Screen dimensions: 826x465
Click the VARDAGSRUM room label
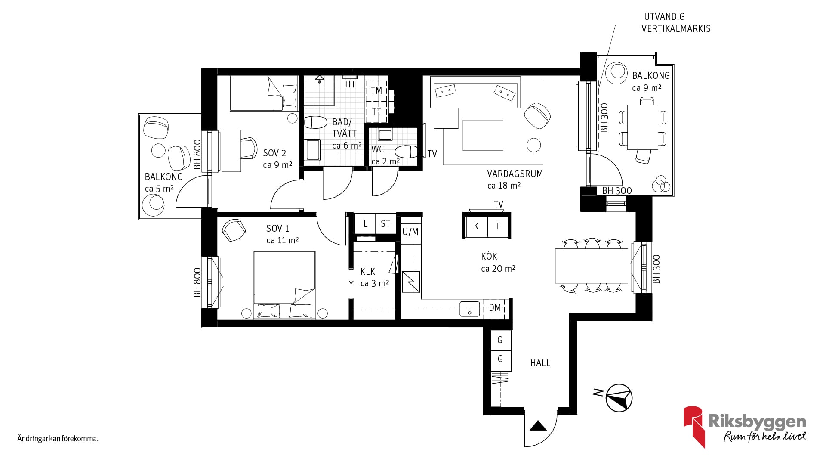click(515, 174)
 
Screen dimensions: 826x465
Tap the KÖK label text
click(489, 257)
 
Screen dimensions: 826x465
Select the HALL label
click(540, 363)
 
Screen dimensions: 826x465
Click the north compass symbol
click(619, 397)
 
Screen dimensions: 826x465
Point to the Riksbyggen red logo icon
click(694, 426)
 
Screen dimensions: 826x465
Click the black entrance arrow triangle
click(538, 426)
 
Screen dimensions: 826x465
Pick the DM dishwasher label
click(495, 308)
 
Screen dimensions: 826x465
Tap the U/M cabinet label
click(410, 232)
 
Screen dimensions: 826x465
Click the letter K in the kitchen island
click(476, 226)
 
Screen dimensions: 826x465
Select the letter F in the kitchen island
click(498, 226)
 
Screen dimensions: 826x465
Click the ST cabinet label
click(385, 224)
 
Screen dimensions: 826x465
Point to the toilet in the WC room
click(406, 152)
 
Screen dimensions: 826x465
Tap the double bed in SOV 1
click(284, 285)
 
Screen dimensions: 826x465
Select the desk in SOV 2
click(231, 151)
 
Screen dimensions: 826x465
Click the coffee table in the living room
click(483, 135)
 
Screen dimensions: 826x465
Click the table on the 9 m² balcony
click(642, 127)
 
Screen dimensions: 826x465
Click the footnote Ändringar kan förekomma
click(58, 439)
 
